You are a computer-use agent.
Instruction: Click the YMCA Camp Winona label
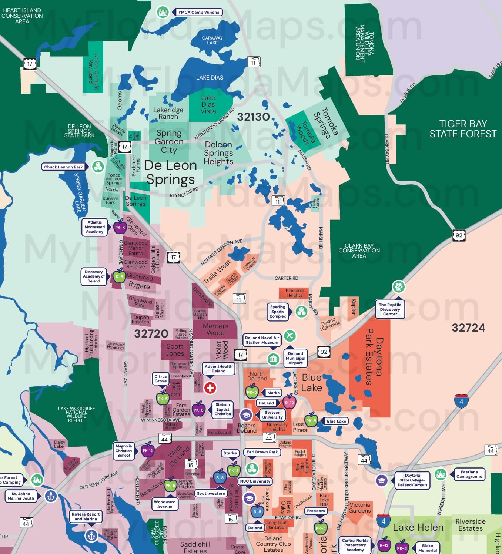click(198, 12)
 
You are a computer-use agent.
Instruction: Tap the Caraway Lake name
click(212, 40)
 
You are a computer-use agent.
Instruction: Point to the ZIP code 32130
click(253, 117)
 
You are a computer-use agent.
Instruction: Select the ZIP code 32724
click(468, 328)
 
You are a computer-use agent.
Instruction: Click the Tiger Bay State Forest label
click(463, 129)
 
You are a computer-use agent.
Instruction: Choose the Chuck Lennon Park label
click(64, 167)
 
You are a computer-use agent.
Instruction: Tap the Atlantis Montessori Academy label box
click(95, 227)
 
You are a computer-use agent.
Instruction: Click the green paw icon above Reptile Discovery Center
click(399, 286)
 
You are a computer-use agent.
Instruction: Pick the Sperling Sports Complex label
click(278, 312)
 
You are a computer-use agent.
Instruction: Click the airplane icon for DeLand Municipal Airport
click(290, 336)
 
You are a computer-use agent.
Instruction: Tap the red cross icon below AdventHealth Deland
click(210, 388)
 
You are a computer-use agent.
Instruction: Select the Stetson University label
click(272, 414)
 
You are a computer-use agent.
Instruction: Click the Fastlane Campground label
click(469, 474)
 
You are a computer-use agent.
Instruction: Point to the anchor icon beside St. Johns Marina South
click(51, 496)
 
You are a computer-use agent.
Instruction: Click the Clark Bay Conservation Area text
click(359, 251)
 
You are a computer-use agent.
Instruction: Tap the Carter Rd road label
click(286, 278)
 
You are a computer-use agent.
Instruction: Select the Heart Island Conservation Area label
click(22, 16)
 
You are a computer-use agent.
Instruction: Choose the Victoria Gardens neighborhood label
click(359, 507)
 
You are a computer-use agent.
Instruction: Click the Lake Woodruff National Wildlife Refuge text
click(76, 414)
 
